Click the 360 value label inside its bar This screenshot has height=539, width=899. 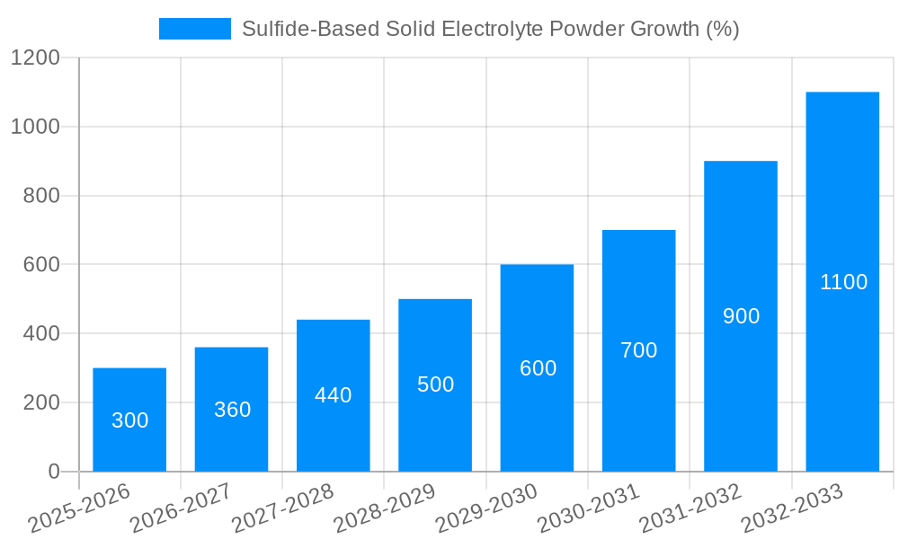(232, 410)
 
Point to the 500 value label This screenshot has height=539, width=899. (436, 384)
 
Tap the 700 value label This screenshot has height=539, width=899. (639, 350)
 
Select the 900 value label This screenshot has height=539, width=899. (741, 316)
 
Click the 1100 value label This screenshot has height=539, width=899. (843, 282)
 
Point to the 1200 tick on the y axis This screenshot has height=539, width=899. (35, 58)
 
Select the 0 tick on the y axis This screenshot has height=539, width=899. (53, 472)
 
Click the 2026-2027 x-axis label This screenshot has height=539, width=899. (180, 508)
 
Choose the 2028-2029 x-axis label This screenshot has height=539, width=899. (384, 508)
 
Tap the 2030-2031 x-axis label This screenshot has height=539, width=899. (588, 508)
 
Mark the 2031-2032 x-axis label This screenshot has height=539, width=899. (690, 508)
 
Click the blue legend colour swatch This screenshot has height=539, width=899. (195, 29)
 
